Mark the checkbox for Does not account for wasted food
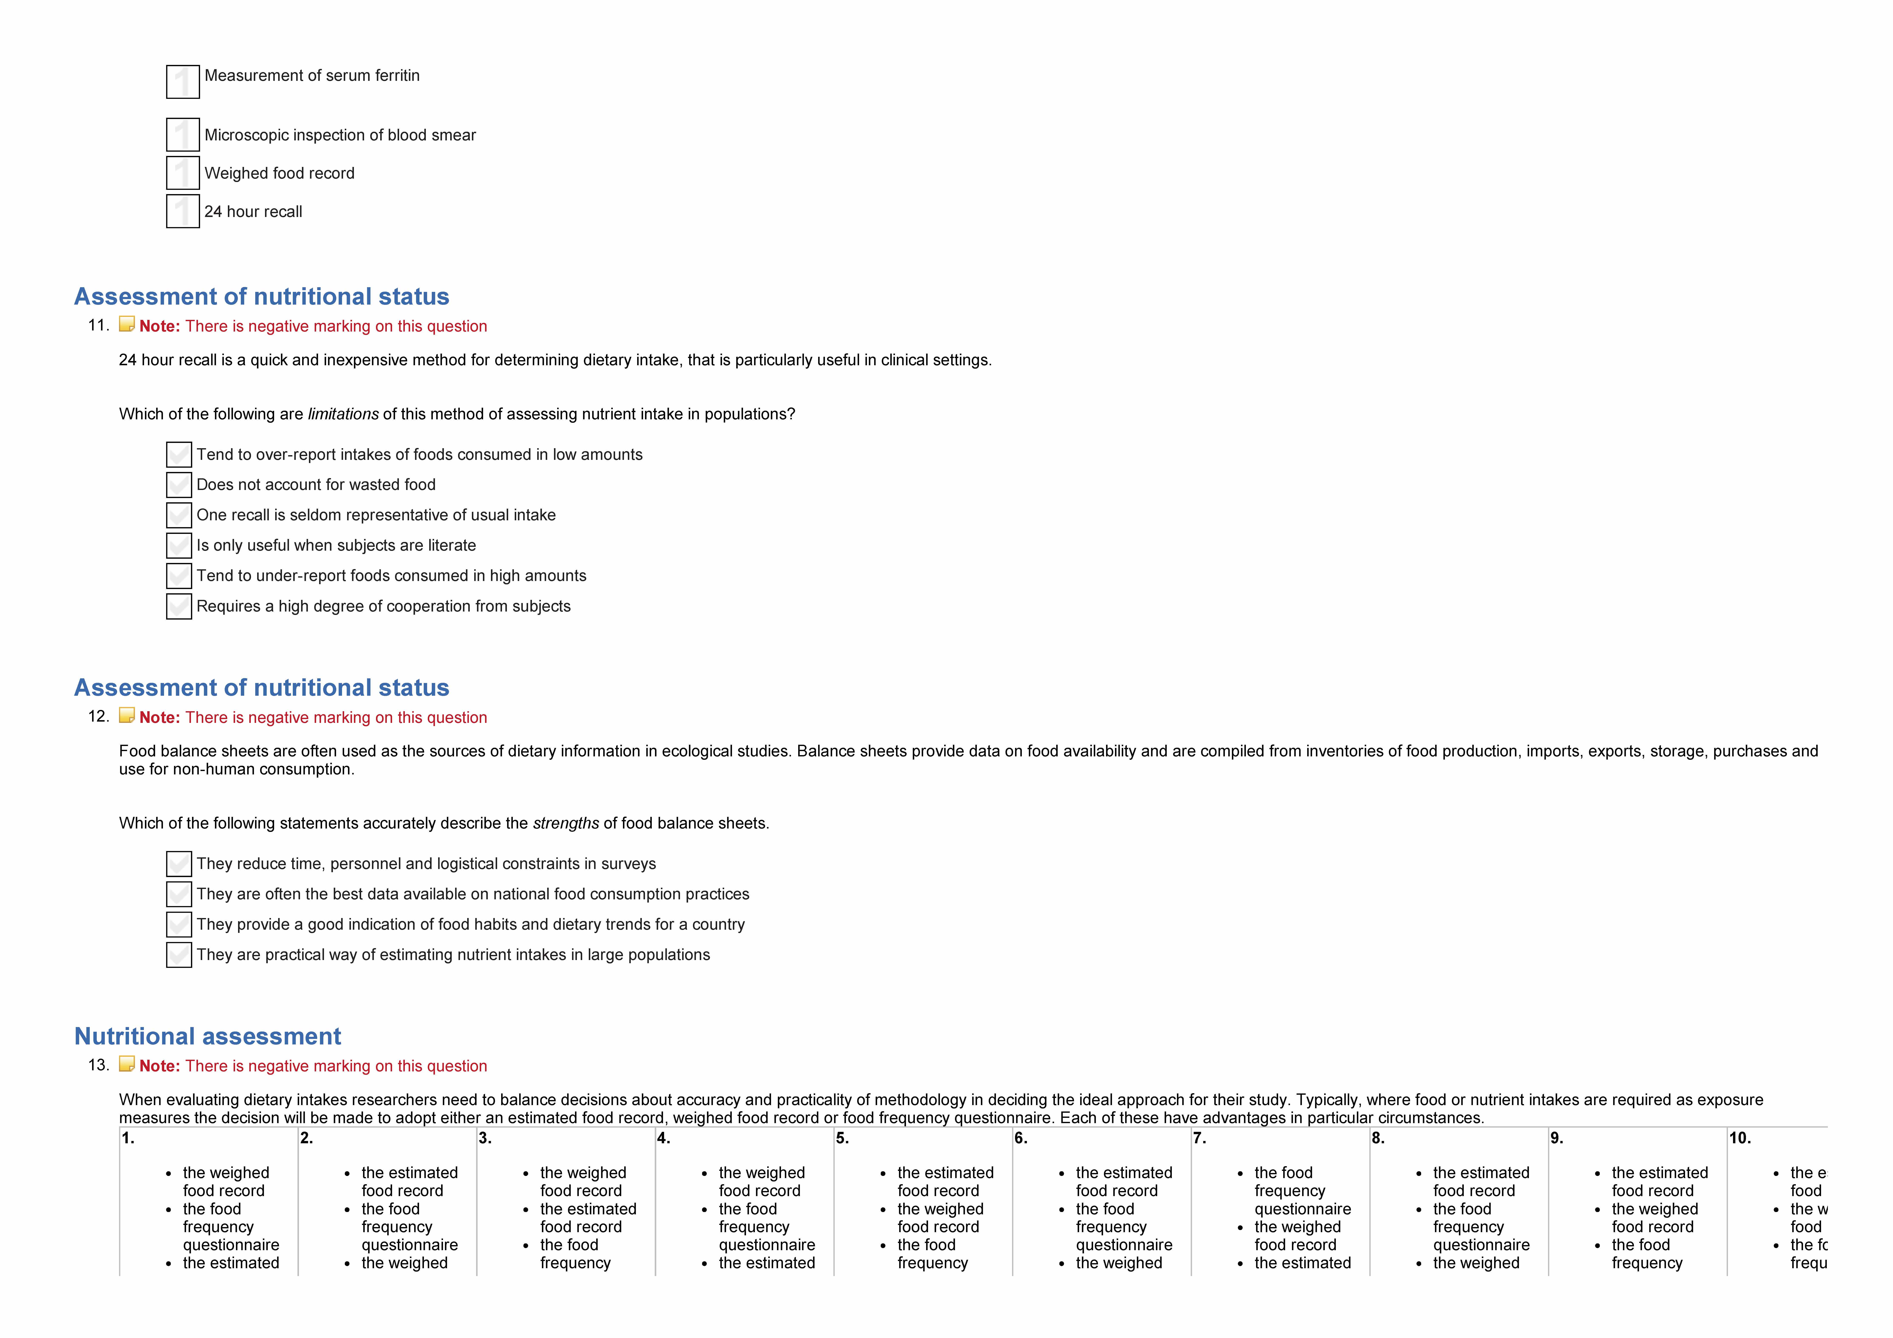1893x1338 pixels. coord(179,485)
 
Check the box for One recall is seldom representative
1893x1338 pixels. coord(179,515)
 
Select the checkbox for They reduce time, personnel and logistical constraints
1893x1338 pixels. coord(179,864)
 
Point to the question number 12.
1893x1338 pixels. coord(98,716)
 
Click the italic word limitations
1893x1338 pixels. coord(343,414)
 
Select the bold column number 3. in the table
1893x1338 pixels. coord(485,1138)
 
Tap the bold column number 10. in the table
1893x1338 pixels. coord(1740,1138)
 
